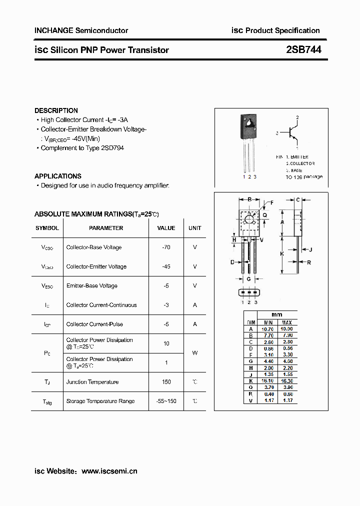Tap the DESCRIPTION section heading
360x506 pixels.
(56, 110)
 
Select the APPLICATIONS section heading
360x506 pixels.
(57, 176)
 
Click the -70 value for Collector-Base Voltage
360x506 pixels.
(166, 247)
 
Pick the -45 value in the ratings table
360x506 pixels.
(166, 266)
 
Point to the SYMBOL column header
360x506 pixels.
(47, 228)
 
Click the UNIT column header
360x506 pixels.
(194, 228)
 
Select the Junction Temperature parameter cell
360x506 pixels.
(92, 382)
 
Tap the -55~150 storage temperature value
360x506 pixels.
(166, 401)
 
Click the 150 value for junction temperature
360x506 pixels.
(166, 382)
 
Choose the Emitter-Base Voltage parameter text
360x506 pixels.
(91, 285)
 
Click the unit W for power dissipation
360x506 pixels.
(194, 353)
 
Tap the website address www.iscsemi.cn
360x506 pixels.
(109, 471)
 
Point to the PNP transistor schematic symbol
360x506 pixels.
(293, 133)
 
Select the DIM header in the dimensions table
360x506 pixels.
(251, 322)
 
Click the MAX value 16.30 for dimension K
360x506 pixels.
(287, 380)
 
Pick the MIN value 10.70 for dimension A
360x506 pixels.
(268, 329)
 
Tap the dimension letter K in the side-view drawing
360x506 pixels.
(282, 254)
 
